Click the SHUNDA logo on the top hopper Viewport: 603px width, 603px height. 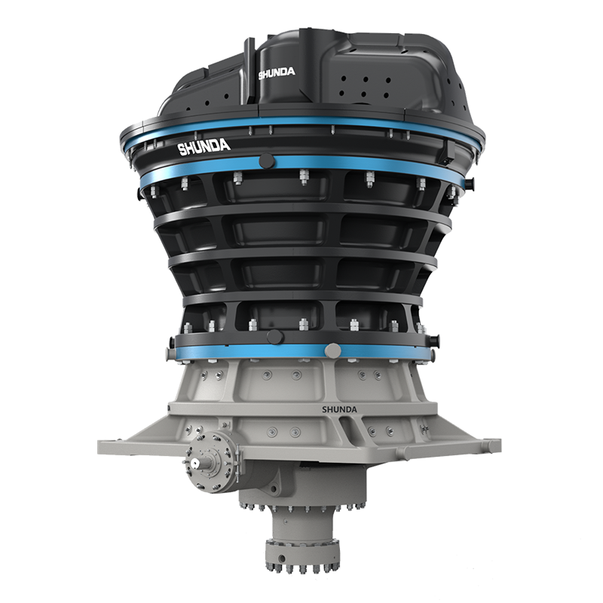coord(277,74)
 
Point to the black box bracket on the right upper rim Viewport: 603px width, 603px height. coord(447,151)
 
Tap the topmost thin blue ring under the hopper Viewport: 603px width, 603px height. coord(301,122)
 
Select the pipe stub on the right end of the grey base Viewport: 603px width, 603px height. coord(494,445)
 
